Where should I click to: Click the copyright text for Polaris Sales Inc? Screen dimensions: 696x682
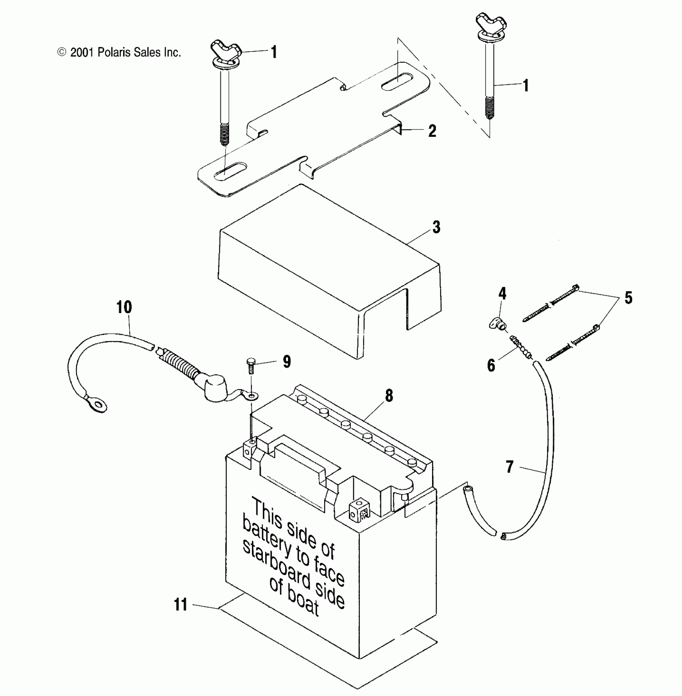pos(120,52)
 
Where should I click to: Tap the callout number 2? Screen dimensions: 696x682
pos(432,131)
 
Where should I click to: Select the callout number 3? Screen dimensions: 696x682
pos(436,227)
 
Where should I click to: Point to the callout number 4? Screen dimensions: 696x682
pos(502,293)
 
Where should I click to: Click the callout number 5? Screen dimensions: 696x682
pos(628,297)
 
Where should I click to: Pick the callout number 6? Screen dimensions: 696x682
pos(491,365)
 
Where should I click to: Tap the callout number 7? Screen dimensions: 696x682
pos(509,467)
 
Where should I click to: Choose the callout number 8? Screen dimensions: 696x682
pos(389,396)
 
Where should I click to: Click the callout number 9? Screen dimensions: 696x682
pos(287,362)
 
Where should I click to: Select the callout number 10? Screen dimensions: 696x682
pos(124,308)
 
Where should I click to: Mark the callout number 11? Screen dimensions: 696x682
pos(181,605)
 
